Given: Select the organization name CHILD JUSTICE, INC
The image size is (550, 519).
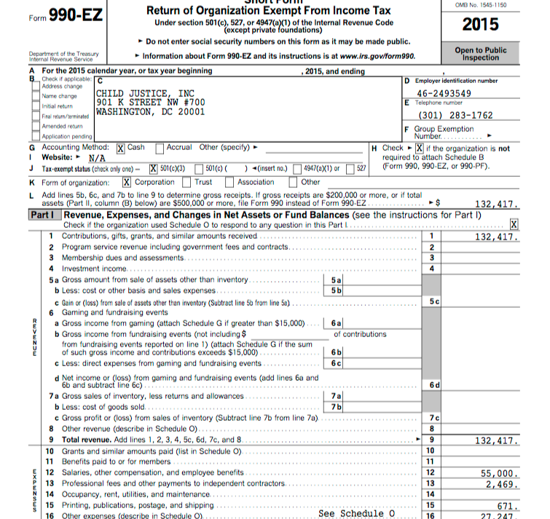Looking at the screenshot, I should (146, 93).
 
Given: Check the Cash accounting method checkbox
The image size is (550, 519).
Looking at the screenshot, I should (122, 148).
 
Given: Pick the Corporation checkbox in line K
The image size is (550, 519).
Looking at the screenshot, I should (127, 182).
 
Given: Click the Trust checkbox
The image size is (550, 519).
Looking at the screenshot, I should (186, 182).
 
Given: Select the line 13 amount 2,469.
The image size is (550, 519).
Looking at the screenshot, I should (502, 484).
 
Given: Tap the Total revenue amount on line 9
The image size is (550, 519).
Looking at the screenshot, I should (496, 440).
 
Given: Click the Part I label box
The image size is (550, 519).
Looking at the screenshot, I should (44, 215).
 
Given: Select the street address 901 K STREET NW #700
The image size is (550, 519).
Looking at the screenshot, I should (150, 103).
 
